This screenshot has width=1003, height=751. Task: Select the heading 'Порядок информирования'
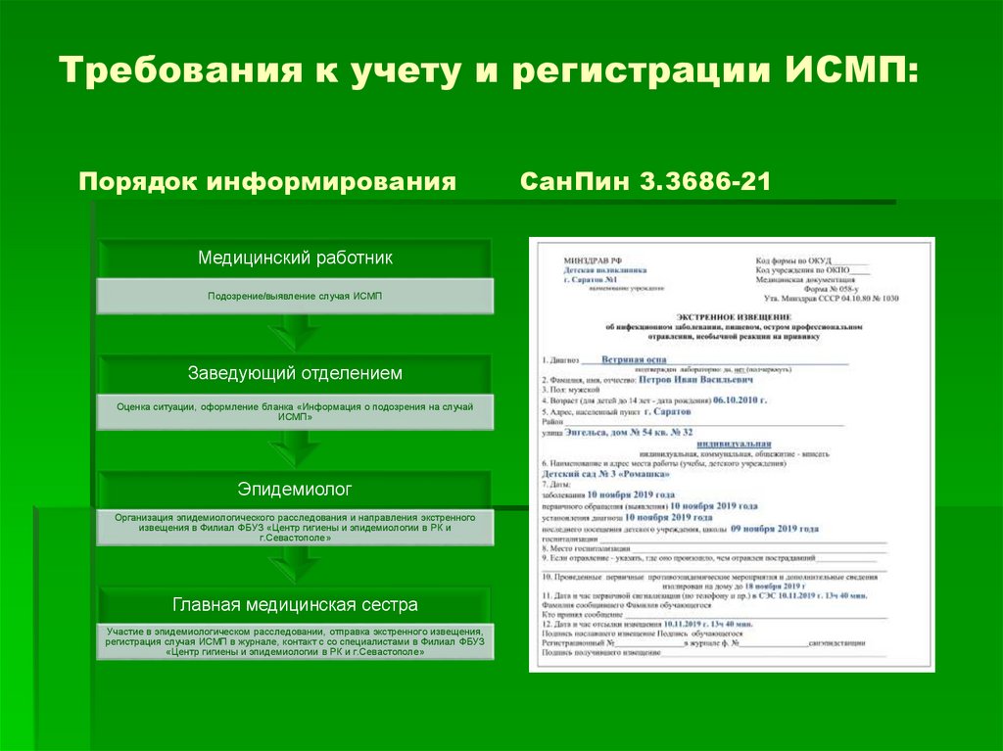(267, 183)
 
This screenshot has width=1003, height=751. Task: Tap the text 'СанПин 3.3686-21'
(645, 183)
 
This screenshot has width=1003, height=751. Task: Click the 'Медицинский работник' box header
(295, 258)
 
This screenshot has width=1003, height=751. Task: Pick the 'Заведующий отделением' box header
(295, 374)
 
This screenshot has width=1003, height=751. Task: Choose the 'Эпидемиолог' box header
(295, 488)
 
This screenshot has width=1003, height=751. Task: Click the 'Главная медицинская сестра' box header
(295, 604)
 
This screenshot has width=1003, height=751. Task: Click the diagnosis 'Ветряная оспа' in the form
(635, 358)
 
